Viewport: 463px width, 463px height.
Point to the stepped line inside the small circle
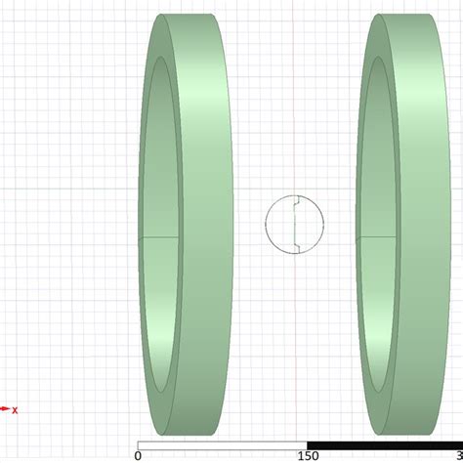295,225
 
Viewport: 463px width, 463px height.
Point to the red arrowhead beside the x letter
4,409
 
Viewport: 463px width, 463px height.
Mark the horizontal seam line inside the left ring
159,237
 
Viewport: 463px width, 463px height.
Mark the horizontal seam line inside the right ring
371,237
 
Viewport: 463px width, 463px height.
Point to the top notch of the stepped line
296,205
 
